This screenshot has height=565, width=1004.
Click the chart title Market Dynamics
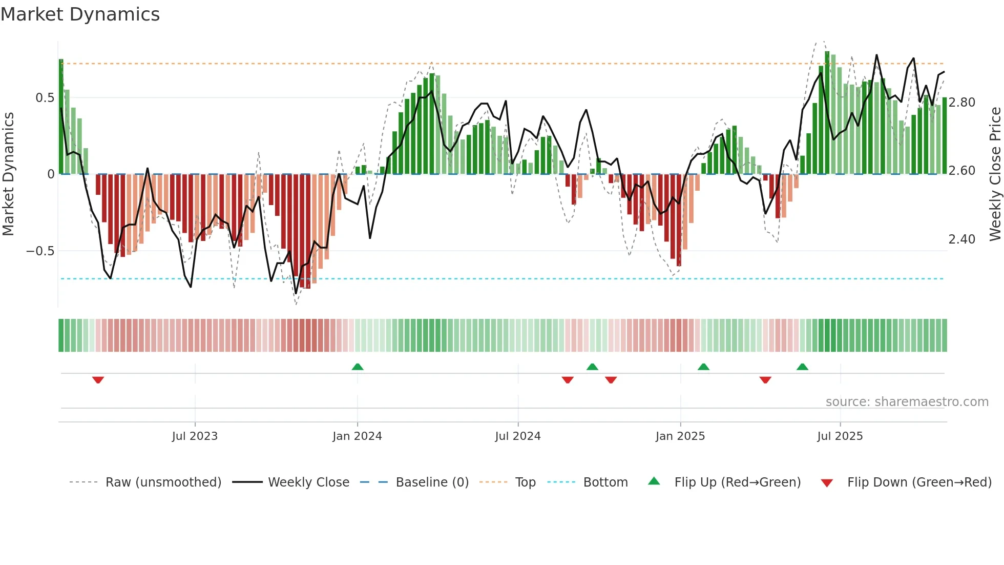pos(80,14)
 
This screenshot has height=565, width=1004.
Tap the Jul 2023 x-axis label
pos(195,436)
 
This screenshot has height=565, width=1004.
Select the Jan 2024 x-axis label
pos(357,436)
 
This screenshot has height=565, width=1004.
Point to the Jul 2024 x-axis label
pos(518,436)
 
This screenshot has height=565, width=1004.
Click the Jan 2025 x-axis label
pos(680,436)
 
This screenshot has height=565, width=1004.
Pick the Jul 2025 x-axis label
pos(840,436)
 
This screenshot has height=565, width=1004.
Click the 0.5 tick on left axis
pos(45,98)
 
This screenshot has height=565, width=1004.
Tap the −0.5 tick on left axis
pos(40,251)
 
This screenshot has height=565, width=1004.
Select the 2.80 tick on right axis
pos(962,103)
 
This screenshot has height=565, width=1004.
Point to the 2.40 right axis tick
pos(962,239)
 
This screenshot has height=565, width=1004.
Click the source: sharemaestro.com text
pos(907,402)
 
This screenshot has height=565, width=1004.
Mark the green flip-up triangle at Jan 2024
pos(358,367)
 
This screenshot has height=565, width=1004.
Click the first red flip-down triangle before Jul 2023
pos(98,380)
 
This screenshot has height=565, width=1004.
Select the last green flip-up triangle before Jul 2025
pos(803,367)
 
